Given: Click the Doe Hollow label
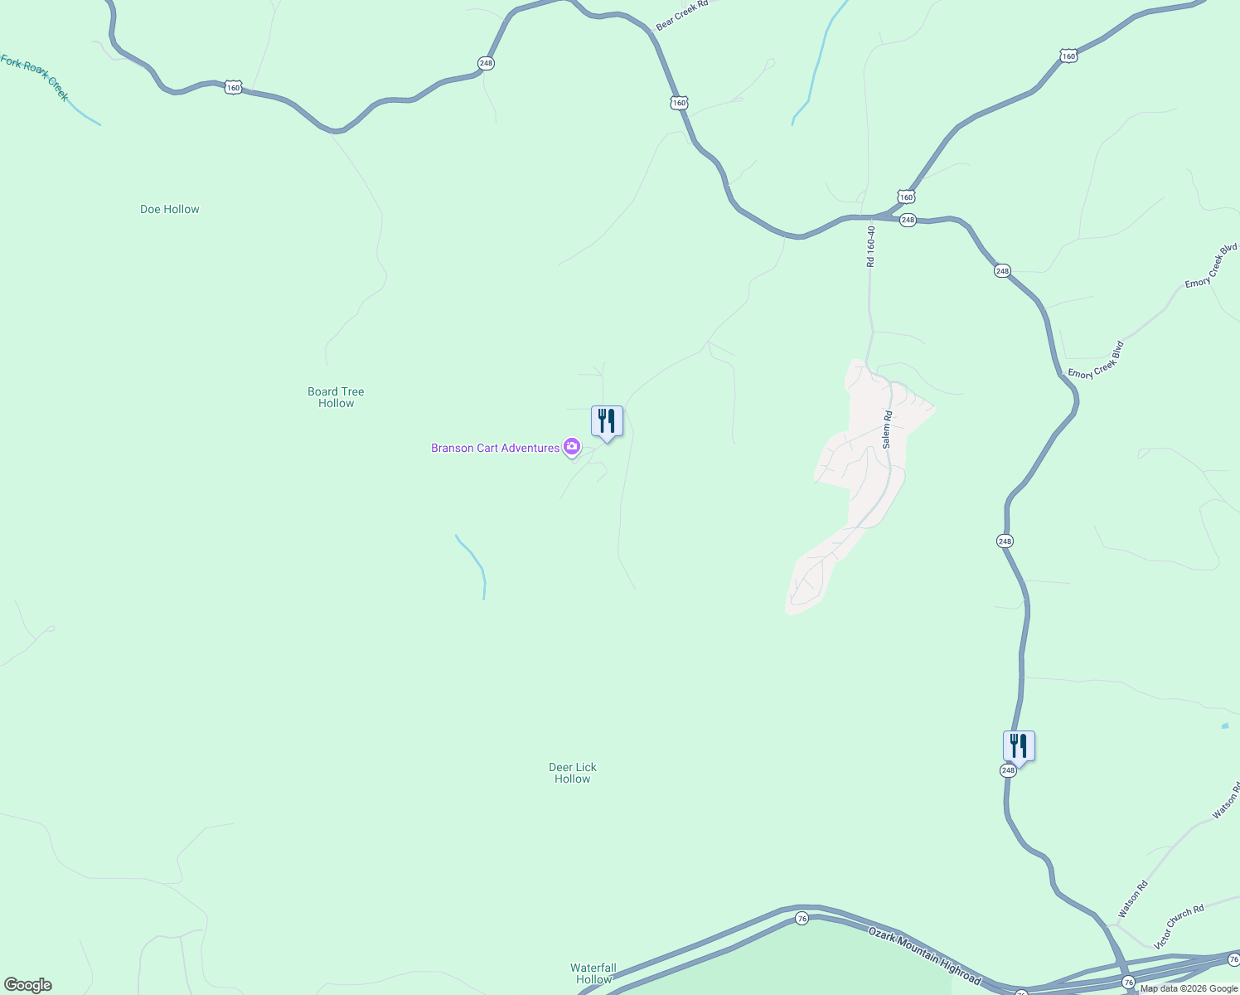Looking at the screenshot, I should pyautogui.click(x=170, y=209).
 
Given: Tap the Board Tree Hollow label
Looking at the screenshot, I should pyautogui.click(x=336, y=397).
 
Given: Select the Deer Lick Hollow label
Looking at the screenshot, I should pyautogui.click(x=573, y=773).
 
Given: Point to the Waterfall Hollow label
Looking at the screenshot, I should pyautogui.click(x=593, y=973).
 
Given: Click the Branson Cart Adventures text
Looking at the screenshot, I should pyautogui.click(x=495, y=448).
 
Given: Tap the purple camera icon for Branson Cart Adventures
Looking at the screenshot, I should pyautogui.click(x=571, y=447).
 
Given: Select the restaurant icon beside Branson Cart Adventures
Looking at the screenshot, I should pyautogui.click(x=607, y=421).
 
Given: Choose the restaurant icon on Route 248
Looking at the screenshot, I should pyautogui.click(x=1019, y=746).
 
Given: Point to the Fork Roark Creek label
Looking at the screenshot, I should pyautogui.click(x=35, y=75).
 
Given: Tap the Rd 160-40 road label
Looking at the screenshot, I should pyautogui.click(x=870, y=246).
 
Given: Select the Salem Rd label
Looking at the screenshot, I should pyautogui.click(x=887, y=430).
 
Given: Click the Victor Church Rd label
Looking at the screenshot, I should pyautogui.click(x=1179, y=927).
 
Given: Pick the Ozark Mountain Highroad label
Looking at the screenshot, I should pyautogui.click(x=924, y=956).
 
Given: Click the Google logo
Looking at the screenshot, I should pyautogui.click(x=27, y=985).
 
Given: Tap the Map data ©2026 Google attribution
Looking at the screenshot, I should pyautogui.click(x=1189, y=988).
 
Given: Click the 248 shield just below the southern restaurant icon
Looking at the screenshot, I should pyautogui.click(x=1008, y=770).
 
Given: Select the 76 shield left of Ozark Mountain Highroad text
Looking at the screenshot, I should pyautogui.click(x=802, y=919).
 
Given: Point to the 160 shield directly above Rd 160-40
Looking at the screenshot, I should pyautogui.click(x=906, y=197).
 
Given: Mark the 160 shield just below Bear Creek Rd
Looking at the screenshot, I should pyautogui.click(x=680, y=103).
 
